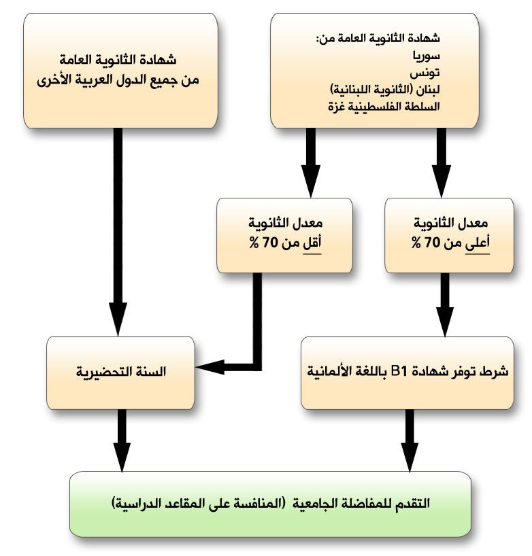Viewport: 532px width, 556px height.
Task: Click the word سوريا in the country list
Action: point(427,56)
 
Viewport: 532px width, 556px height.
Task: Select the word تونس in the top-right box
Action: point(427,73)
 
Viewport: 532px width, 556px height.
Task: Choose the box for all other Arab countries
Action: point(120,69)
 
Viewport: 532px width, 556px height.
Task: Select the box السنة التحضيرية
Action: point(120,372)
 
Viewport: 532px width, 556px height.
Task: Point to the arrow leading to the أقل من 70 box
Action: point(311,163)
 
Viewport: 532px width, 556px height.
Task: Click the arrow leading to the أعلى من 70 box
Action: point(441,163)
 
